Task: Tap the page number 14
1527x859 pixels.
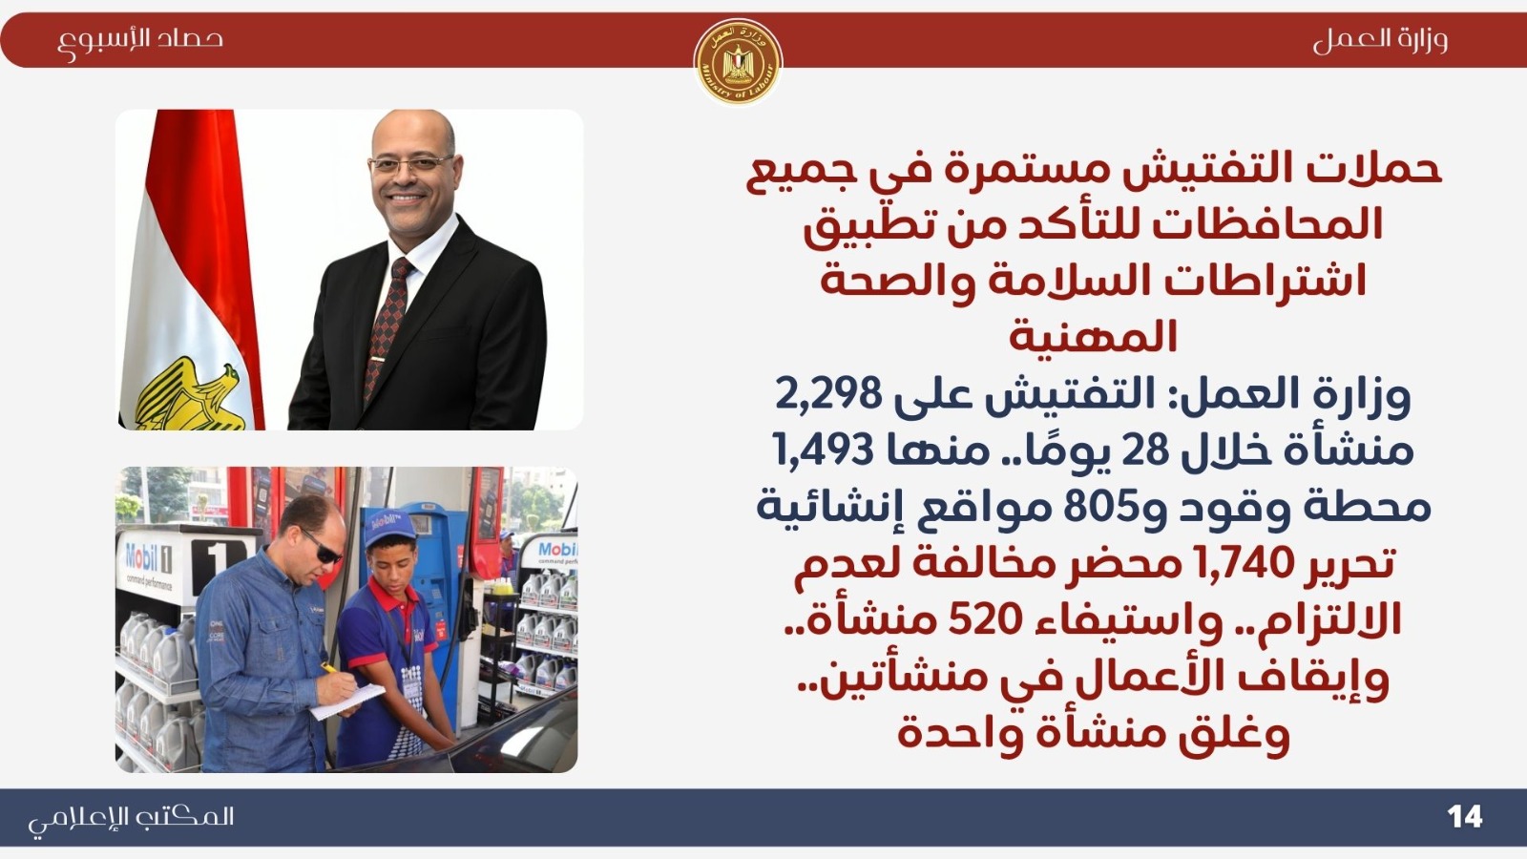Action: coord(1465,817)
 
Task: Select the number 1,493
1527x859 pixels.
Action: coord(823,450)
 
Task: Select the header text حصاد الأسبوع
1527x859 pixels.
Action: coord(140,41)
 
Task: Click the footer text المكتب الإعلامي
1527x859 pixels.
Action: coord(131,820)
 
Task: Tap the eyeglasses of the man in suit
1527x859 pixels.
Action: coord(411,164)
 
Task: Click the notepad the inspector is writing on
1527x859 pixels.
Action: coord(347,702)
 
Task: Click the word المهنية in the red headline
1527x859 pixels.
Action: coord(1094,337)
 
